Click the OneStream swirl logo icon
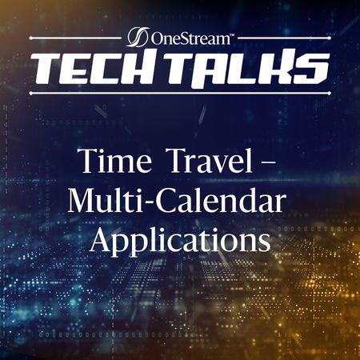coord(138,37)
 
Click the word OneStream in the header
coord(190,38)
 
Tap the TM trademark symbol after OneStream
coord(231,34)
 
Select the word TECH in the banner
coord(100,68)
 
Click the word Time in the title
coord(115,161)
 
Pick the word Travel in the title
coord(211,161)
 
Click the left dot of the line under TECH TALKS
coord(30,94)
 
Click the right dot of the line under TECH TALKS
coord(330,93)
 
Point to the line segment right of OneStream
coord(284,38)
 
